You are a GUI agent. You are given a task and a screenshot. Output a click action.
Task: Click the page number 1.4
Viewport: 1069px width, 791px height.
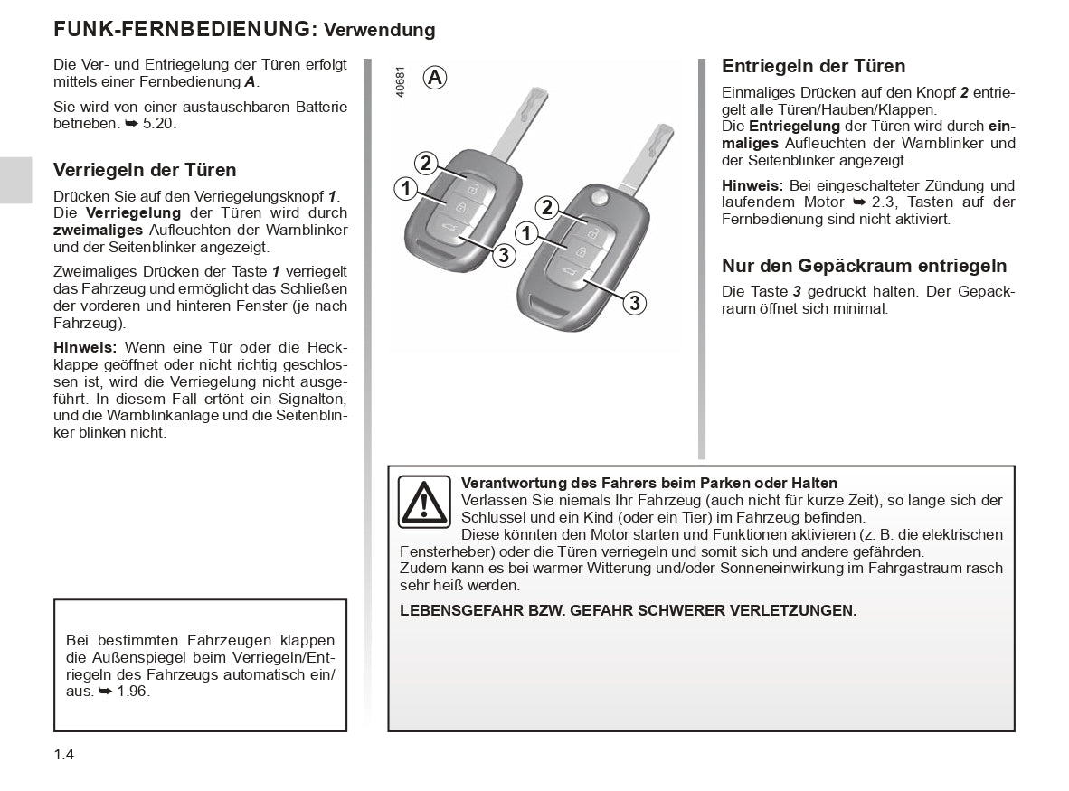click(63, 753)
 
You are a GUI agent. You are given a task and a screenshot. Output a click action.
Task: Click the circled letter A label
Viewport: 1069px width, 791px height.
click(435, 78)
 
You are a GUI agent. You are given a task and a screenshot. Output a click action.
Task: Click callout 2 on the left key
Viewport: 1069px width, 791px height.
click(425, 163)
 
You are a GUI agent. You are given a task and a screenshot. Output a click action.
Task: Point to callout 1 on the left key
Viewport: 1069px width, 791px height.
click(405, 189)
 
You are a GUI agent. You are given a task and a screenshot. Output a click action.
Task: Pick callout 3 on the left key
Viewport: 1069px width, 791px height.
click(504, 255)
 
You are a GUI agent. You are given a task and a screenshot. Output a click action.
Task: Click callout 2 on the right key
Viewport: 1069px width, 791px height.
click(546, 207)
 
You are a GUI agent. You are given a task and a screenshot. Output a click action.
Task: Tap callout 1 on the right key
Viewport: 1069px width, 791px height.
click(525, 233)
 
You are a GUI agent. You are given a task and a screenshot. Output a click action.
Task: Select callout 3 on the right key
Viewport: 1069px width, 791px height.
click(635, 303)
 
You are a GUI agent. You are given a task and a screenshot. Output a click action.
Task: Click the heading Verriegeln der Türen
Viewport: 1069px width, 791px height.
click(145, 170)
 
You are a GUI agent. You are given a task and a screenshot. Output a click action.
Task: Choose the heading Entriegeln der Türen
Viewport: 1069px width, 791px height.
click(813, 66)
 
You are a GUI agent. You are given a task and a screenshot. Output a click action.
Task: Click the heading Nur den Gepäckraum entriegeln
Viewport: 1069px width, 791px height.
click(864, 266)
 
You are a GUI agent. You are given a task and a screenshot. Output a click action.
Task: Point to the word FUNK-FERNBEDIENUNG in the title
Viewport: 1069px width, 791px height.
click(182, 28)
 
